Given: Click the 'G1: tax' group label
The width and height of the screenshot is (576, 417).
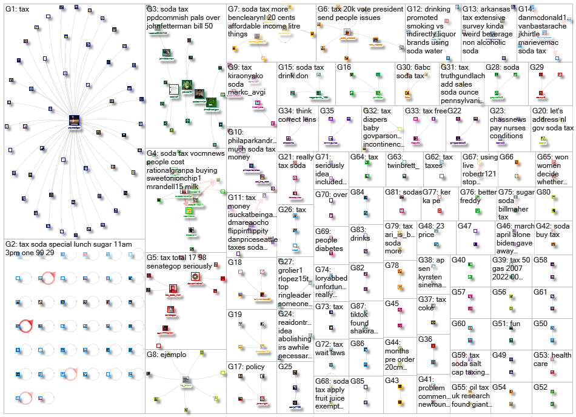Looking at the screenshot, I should coord(18,10).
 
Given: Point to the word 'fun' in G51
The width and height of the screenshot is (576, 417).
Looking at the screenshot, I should coord(515,324).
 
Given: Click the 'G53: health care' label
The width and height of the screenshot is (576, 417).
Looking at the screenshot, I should coord(552,359).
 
